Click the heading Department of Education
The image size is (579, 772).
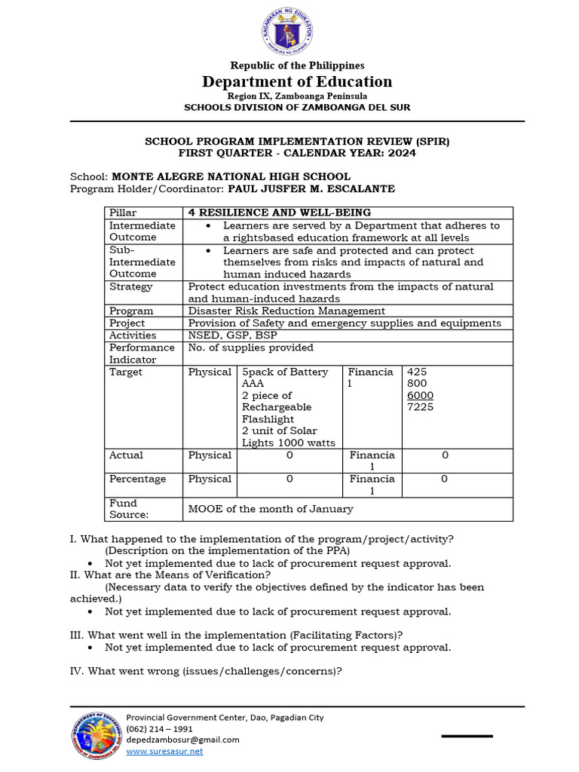(297, 81)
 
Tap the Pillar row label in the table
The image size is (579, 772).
(123, 213)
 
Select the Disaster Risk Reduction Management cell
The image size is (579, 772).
(286, 311)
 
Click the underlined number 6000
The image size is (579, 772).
(420, 395)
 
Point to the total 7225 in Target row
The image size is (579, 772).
(420, 407)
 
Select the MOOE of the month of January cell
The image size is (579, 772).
(270, 509)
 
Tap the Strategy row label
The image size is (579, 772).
(130, 286)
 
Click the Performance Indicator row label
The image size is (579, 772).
(142, 354)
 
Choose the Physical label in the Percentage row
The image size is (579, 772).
(210, 479)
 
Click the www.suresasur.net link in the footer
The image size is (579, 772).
(164, 751)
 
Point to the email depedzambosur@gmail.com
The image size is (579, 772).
(182, 740)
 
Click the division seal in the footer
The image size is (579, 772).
(96, 735)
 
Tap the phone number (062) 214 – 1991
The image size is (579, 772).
(159, 729)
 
